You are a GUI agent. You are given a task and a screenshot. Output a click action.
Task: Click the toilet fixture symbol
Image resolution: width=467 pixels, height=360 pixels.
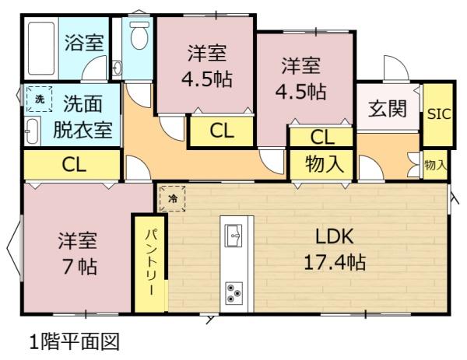(139, 35)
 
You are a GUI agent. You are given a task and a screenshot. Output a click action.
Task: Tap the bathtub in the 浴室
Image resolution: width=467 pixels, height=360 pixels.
(41, 48)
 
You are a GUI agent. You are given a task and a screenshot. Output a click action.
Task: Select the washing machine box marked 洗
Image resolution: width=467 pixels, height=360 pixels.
(40, 99)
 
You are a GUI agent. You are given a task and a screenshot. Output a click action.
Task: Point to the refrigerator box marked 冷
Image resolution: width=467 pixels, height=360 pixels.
(173, 198)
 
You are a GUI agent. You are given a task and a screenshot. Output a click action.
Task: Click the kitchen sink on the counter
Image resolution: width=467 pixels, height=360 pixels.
(233, 236)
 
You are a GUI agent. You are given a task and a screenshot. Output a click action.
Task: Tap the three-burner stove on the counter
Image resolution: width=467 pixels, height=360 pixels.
(233, 293)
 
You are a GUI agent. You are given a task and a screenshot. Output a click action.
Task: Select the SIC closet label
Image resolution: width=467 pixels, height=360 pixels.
(439, 114)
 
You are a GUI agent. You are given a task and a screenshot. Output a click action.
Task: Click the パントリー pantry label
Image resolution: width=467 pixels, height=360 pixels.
(151, 262)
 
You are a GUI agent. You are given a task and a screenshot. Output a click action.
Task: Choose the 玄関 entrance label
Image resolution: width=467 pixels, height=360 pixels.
(388, 108)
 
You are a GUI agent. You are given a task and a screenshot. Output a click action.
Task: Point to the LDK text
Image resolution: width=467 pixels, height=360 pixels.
(335, 236)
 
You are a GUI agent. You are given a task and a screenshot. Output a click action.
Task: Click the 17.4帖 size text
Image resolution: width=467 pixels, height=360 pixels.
(335, 262)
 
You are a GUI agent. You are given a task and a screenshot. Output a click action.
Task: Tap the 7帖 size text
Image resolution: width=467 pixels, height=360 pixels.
(79, 266)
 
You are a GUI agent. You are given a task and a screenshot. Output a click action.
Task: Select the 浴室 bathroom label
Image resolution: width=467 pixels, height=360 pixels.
(84, 43)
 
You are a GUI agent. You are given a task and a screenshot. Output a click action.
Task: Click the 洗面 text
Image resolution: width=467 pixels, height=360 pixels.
(83, 104)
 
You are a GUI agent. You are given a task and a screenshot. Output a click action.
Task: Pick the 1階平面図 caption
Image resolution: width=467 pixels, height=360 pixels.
(75, 341)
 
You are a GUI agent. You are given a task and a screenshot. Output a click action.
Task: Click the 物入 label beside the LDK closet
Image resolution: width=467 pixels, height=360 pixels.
(325, 164)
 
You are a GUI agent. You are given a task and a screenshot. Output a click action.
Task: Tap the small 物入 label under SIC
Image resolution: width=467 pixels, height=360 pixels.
(436, 165)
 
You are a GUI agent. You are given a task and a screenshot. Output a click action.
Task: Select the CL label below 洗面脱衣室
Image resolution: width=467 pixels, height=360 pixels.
(74, 164)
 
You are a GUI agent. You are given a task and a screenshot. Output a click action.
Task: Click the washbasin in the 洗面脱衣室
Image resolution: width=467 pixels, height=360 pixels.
(32, 131)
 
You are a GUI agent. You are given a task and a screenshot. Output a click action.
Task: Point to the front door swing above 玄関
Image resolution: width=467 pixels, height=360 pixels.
(396, 68)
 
